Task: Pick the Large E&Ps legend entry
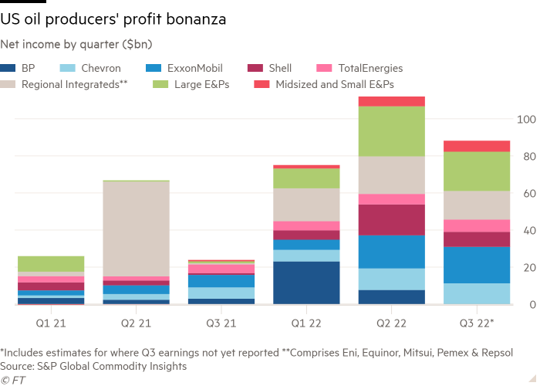click(x=201, y=84)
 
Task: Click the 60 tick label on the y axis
click(x=526, y=194)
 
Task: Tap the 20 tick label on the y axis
click(x=526, y=268)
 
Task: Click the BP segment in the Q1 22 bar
click(x=306, y=283)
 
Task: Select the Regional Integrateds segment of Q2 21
click(x=136, y=229)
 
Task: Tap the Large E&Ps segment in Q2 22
click(x=392, y=131)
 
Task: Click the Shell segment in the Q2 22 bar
click(x=392, y=220)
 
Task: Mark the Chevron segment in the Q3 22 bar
click(x=477, y=293)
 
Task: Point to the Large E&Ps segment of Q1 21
click(x=51, y=263)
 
